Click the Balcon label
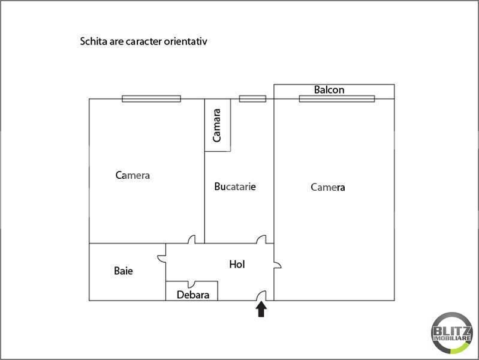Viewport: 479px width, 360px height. click(329, 90)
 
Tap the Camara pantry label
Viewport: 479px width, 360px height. click(217, 125)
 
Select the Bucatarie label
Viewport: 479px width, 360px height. click(235, 187)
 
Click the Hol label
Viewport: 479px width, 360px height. click(237, 264)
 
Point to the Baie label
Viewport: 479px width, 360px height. click(123, 271)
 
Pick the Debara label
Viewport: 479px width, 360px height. click(193, 295)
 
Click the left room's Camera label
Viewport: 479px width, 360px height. click(132, 176)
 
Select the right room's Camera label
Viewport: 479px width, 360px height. click(328, 187)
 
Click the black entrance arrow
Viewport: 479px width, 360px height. click(261, 309)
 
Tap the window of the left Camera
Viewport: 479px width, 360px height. click(151, 98)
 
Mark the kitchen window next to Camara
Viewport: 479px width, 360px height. click(252, 98)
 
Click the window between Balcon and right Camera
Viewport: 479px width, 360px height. click(337, 98)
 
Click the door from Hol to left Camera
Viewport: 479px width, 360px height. click(191, 240)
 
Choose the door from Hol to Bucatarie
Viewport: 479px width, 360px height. click(261, 239)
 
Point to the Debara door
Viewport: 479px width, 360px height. click(191, 284)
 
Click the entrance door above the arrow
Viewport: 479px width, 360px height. click(262, 296)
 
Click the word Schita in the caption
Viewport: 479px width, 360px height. click(92, 42)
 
